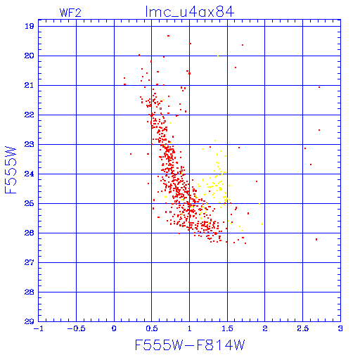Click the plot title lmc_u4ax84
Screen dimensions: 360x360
[190, 12]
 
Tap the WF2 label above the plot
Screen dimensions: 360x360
[70, 13]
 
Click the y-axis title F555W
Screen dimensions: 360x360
[11, 170]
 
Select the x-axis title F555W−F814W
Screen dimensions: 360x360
[190, 345]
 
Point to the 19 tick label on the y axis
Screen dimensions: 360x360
[30, 26]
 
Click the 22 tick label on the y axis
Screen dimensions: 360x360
[30, 115]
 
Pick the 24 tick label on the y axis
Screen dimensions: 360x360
[30, 174]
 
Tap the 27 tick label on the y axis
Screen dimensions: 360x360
[30, 262]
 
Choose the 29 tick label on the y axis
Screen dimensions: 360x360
[30, 321]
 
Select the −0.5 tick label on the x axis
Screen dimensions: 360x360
[76, 328]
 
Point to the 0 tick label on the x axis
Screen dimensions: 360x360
[114, 328]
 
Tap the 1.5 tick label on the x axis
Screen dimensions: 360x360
[227, 328]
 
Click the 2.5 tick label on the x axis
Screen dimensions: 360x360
[303, 328]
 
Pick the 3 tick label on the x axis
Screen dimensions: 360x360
[340, 328]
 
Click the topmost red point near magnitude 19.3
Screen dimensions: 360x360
[168, 36]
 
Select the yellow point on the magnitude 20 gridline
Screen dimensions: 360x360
[218, 56]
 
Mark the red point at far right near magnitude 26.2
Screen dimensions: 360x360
[316, 239]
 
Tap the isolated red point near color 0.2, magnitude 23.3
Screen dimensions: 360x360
[131, 154]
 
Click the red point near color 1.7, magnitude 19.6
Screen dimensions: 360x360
[243, 45]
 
